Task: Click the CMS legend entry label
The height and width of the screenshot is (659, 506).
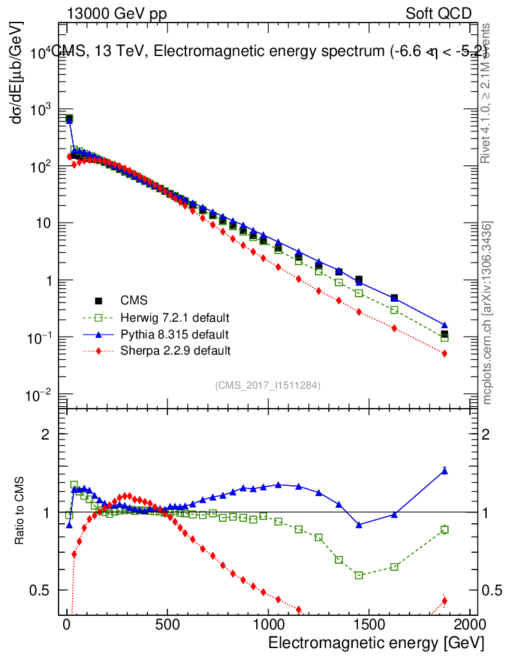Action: (135, 301)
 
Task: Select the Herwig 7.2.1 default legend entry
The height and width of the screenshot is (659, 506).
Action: (175, 318)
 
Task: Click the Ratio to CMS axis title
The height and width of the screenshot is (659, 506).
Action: (21, 510)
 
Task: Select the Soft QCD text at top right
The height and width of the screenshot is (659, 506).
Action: (438, 14)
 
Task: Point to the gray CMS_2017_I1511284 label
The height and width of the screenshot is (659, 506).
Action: (268, 385)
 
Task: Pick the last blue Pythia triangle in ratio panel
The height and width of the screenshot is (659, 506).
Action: (444, 470)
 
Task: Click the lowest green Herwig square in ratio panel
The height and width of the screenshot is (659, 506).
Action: (359, 575)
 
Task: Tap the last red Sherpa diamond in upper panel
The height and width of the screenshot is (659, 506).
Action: (444, 353)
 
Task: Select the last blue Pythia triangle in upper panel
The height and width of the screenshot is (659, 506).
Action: (444, 325)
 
